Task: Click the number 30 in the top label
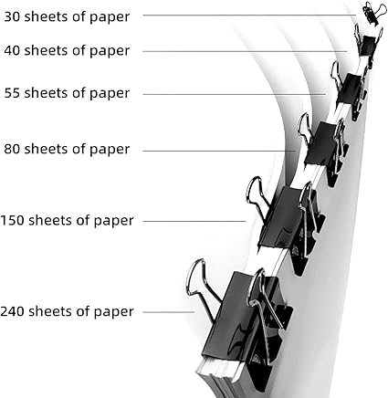coord(12,16)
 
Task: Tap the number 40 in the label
coord(12,50)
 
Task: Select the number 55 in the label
coord(12,93)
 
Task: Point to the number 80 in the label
coord(12,149)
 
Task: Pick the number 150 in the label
coord(12,220)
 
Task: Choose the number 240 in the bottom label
coord(12,311)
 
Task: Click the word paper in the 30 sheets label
coord(110,17)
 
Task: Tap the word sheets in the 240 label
coord(50,311)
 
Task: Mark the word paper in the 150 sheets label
coord(114,221)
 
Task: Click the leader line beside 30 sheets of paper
coord(249,15)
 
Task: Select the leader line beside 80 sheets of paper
coord(219,151)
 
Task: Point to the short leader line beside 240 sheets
coord(169,312)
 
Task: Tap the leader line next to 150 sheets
coord(194,221)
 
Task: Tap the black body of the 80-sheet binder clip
coord(321,143)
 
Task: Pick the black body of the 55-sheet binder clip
coord(349,89)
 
